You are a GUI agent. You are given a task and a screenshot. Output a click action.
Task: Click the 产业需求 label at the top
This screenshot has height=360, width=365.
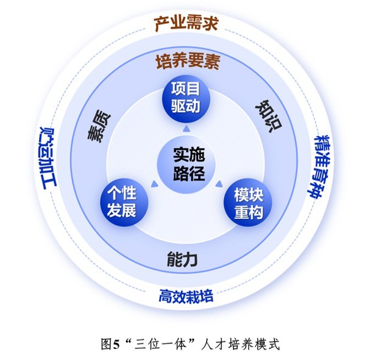tap(186, 23)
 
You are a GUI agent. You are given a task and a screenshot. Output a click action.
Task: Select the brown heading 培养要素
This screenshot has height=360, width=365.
tap(188, 62)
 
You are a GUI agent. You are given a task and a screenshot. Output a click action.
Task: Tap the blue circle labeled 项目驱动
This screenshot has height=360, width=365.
tap(185, 99)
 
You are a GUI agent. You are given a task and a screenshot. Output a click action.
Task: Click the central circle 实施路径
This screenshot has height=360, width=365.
tap(186, 164)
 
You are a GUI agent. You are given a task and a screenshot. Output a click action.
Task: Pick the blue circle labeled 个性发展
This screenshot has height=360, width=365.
tap(124, 203)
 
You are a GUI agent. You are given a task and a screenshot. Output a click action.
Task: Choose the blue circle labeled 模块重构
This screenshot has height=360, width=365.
tap(247, 203)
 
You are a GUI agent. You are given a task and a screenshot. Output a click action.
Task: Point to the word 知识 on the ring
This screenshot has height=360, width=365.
tap(269, 116)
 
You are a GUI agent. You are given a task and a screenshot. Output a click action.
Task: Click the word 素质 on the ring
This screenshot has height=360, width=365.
tap(99, 128)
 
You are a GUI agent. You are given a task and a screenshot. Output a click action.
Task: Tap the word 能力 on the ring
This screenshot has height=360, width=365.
tap(182, 259)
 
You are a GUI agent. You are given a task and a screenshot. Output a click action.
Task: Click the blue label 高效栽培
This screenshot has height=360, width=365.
tap(186, 296)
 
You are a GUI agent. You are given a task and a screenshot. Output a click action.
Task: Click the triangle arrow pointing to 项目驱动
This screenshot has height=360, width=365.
tap(185, 129)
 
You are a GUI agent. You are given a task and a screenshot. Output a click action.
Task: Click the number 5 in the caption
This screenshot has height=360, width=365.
tap(116, 344)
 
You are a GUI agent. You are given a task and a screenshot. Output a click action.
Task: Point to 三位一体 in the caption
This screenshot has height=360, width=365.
tap(160, 344)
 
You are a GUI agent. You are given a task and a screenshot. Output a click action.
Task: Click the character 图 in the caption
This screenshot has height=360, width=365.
tap(106, 344)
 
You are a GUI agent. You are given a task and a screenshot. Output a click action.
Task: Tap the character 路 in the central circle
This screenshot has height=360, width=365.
tap(180, 173)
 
